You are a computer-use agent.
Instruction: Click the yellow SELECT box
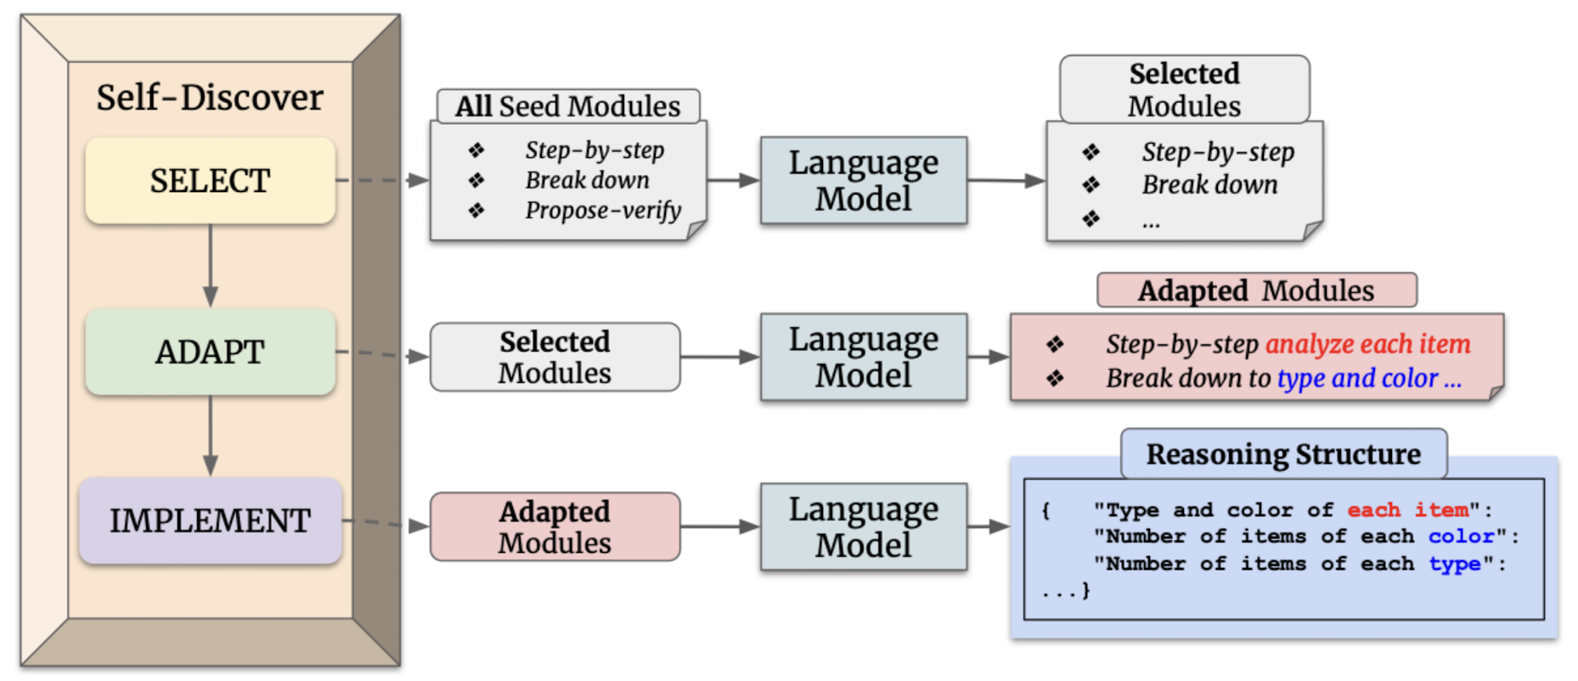[210, 181]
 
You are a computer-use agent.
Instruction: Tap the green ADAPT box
[210, 352]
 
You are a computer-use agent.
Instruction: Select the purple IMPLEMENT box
[210, 521]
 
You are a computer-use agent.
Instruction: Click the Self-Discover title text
[210, 98]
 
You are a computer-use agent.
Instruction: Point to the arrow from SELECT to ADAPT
[210, 266]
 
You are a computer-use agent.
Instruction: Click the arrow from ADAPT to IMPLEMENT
[210, 436]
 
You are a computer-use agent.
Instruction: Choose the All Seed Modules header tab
[568, 106]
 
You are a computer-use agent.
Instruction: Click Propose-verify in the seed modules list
[603, 210]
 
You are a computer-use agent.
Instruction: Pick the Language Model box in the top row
[864, 180]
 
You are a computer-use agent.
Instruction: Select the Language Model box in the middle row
[864, 357]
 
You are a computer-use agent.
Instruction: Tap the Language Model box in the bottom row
[864, 526]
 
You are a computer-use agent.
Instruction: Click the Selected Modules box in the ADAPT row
[555, 357]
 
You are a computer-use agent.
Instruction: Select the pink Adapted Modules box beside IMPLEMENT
[555, 526]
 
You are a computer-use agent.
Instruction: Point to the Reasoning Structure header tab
[1283, 454]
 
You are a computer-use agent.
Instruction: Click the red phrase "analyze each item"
[1367, 344]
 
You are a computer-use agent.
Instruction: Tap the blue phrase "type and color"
[1357, 378]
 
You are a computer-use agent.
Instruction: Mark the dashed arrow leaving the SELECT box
[382, 180]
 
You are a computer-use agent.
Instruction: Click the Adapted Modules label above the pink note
[1256, 290]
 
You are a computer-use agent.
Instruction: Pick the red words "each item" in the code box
[1407, 509]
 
